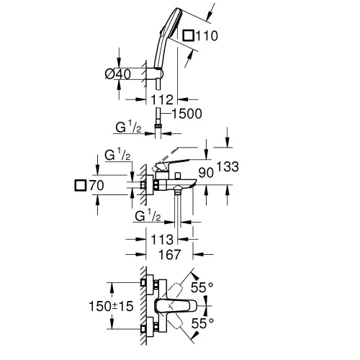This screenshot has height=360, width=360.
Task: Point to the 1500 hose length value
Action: (185, 112)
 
